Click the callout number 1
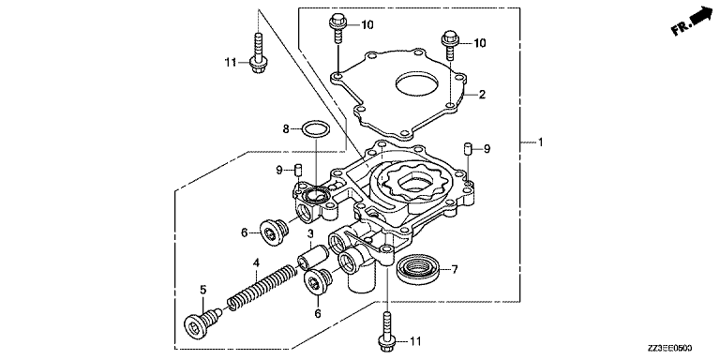[x=540, y=142]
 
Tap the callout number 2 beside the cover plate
[x=482, y=95]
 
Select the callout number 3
[x=310, y=233]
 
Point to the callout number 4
[x=256, y=263]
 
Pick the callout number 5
[x=202, y=290]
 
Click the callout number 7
[x=455, y=270]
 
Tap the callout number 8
[x=286, y=129]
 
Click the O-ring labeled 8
[x=316, y=129]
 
